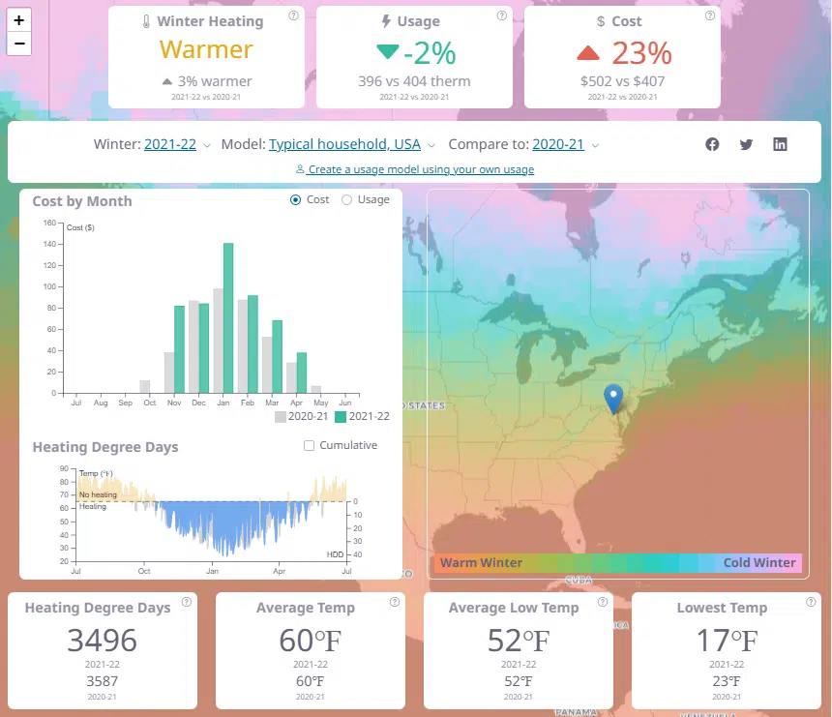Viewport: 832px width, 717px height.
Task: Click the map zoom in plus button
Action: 18,19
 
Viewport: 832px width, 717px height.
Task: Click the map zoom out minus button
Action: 18,44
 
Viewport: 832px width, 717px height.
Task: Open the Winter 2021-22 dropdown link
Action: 170,144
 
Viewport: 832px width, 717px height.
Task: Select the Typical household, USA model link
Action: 344,144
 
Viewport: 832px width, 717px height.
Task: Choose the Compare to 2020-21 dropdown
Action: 558,144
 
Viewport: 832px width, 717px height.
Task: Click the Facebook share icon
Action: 712,144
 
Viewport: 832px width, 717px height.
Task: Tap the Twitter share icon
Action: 746,144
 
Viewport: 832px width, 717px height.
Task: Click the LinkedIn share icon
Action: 780,144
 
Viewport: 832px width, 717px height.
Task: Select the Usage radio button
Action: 347,200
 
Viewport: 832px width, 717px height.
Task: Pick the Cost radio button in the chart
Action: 296,200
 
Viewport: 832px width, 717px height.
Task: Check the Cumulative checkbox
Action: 310,446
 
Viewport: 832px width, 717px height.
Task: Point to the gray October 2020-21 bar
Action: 145,387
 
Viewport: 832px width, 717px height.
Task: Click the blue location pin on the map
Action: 613,398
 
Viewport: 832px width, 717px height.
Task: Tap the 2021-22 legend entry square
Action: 341,417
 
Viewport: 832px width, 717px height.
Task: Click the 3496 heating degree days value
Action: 102,640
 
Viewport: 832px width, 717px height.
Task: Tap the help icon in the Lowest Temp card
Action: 811,602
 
